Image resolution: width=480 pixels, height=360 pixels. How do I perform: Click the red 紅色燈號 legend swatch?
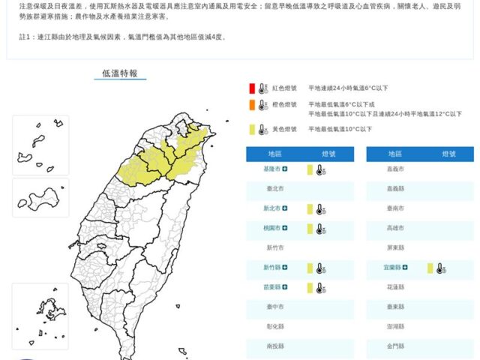[x=253, y=88]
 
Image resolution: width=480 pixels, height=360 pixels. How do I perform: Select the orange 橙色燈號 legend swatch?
[x=253, y=106]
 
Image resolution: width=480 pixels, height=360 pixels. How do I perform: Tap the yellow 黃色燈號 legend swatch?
[x=253, y=129]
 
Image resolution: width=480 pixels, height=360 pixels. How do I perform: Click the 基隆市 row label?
[x=271, y=170]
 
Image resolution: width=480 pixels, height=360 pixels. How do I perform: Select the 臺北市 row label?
[x=275, y=190]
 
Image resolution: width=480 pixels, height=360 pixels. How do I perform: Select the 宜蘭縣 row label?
[x=391, y=267]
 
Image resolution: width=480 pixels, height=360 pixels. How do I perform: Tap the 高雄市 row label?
[x=395, y=228]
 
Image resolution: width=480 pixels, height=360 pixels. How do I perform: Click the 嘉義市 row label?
[x=395, y=170]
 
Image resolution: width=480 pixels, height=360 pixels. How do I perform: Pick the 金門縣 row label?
[x=395, y=346]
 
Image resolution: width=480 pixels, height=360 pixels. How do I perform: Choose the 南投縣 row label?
[x=275, y=346]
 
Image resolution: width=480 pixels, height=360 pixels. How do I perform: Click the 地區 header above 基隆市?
[x=275, y=154]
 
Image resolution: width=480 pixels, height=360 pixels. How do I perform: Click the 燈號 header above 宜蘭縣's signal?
[x=448, y=154]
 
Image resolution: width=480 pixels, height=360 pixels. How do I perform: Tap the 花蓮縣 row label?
[x=395, y=287]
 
